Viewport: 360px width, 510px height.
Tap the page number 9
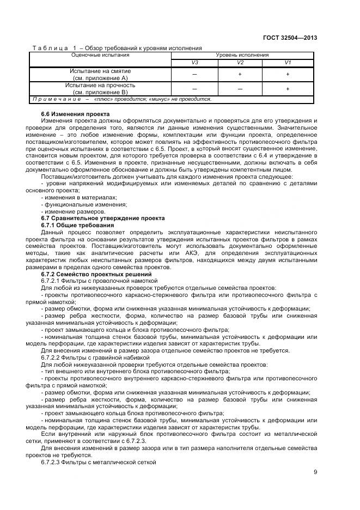point(315,472)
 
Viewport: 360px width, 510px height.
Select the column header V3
point(194,63)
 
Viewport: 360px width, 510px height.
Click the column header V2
point(240,63)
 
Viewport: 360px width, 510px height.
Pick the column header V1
point(288,63)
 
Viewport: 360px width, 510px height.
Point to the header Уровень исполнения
point(242,55)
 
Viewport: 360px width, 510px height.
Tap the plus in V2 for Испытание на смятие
point(240,75)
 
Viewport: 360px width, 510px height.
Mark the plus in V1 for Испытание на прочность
point(288,89)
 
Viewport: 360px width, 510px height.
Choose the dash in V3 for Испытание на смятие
point(194,75)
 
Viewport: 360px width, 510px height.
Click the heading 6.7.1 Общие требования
point(78,224)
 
